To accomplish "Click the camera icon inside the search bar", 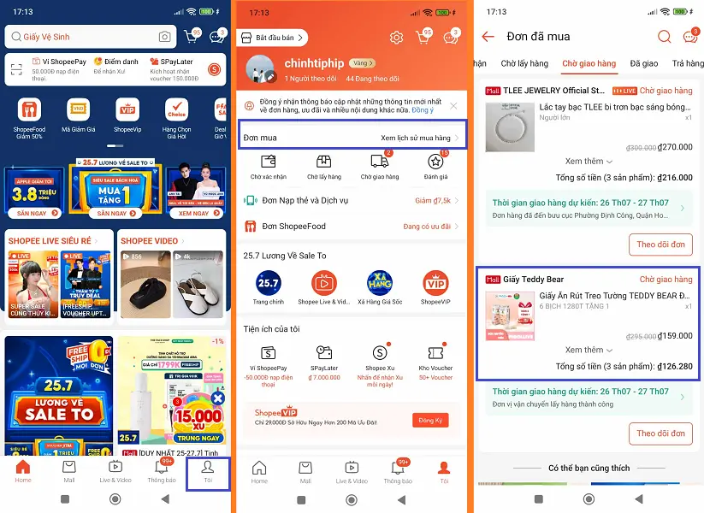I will (x=164, y=37).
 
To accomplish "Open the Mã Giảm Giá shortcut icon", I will (x=78, y=110).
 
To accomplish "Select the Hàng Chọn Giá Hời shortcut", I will (x=176, y=110).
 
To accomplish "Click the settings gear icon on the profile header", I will (x=396, y=38).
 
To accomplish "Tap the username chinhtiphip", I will (x=313, y=63).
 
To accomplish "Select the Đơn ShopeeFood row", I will (x=293, y=227).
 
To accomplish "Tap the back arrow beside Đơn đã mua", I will (x=488, y=37).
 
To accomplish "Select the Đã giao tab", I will (x=643, y=63).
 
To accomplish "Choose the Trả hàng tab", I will (x=688, y=63).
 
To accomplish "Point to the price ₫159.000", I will (x=675, y=335).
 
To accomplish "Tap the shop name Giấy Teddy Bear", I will (x=534, y=280).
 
